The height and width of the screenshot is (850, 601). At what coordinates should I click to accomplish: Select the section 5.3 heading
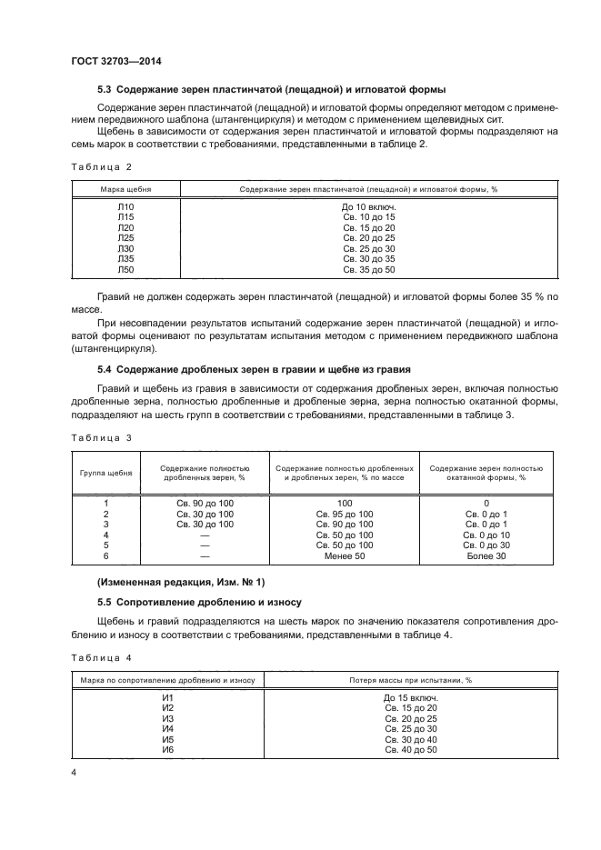pos(271,90)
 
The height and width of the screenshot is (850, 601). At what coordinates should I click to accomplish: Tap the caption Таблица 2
pos(101,167)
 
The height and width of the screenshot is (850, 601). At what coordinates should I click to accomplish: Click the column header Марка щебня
pos(125,189)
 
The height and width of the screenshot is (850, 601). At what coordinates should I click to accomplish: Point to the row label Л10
pos(125,207)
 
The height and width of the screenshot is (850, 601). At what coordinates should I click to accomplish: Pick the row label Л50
pos(125,270)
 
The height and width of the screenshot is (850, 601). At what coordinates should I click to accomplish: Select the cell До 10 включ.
pos(368,207)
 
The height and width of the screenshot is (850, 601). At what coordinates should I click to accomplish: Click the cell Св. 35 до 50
pos(368,270)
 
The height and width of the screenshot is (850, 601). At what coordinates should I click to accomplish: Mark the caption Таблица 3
pos(101,437)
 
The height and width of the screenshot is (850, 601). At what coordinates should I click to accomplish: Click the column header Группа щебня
pos(106,474)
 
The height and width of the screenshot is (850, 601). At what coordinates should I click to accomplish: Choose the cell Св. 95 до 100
pos(345,515)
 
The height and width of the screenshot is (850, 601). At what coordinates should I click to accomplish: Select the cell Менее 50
pos(345,555)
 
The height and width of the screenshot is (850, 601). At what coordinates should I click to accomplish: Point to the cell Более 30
pos(486,555)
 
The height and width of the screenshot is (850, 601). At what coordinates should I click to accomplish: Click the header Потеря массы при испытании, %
pos(410,680)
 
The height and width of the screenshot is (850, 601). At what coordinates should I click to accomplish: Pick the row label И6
pos(167,750)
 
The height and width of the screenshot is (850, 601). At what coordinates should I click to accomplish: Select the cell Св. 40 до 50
pos(410,750)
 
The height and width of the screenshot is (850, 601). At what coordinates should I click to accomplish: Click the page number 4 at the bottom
pos(74,773)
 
